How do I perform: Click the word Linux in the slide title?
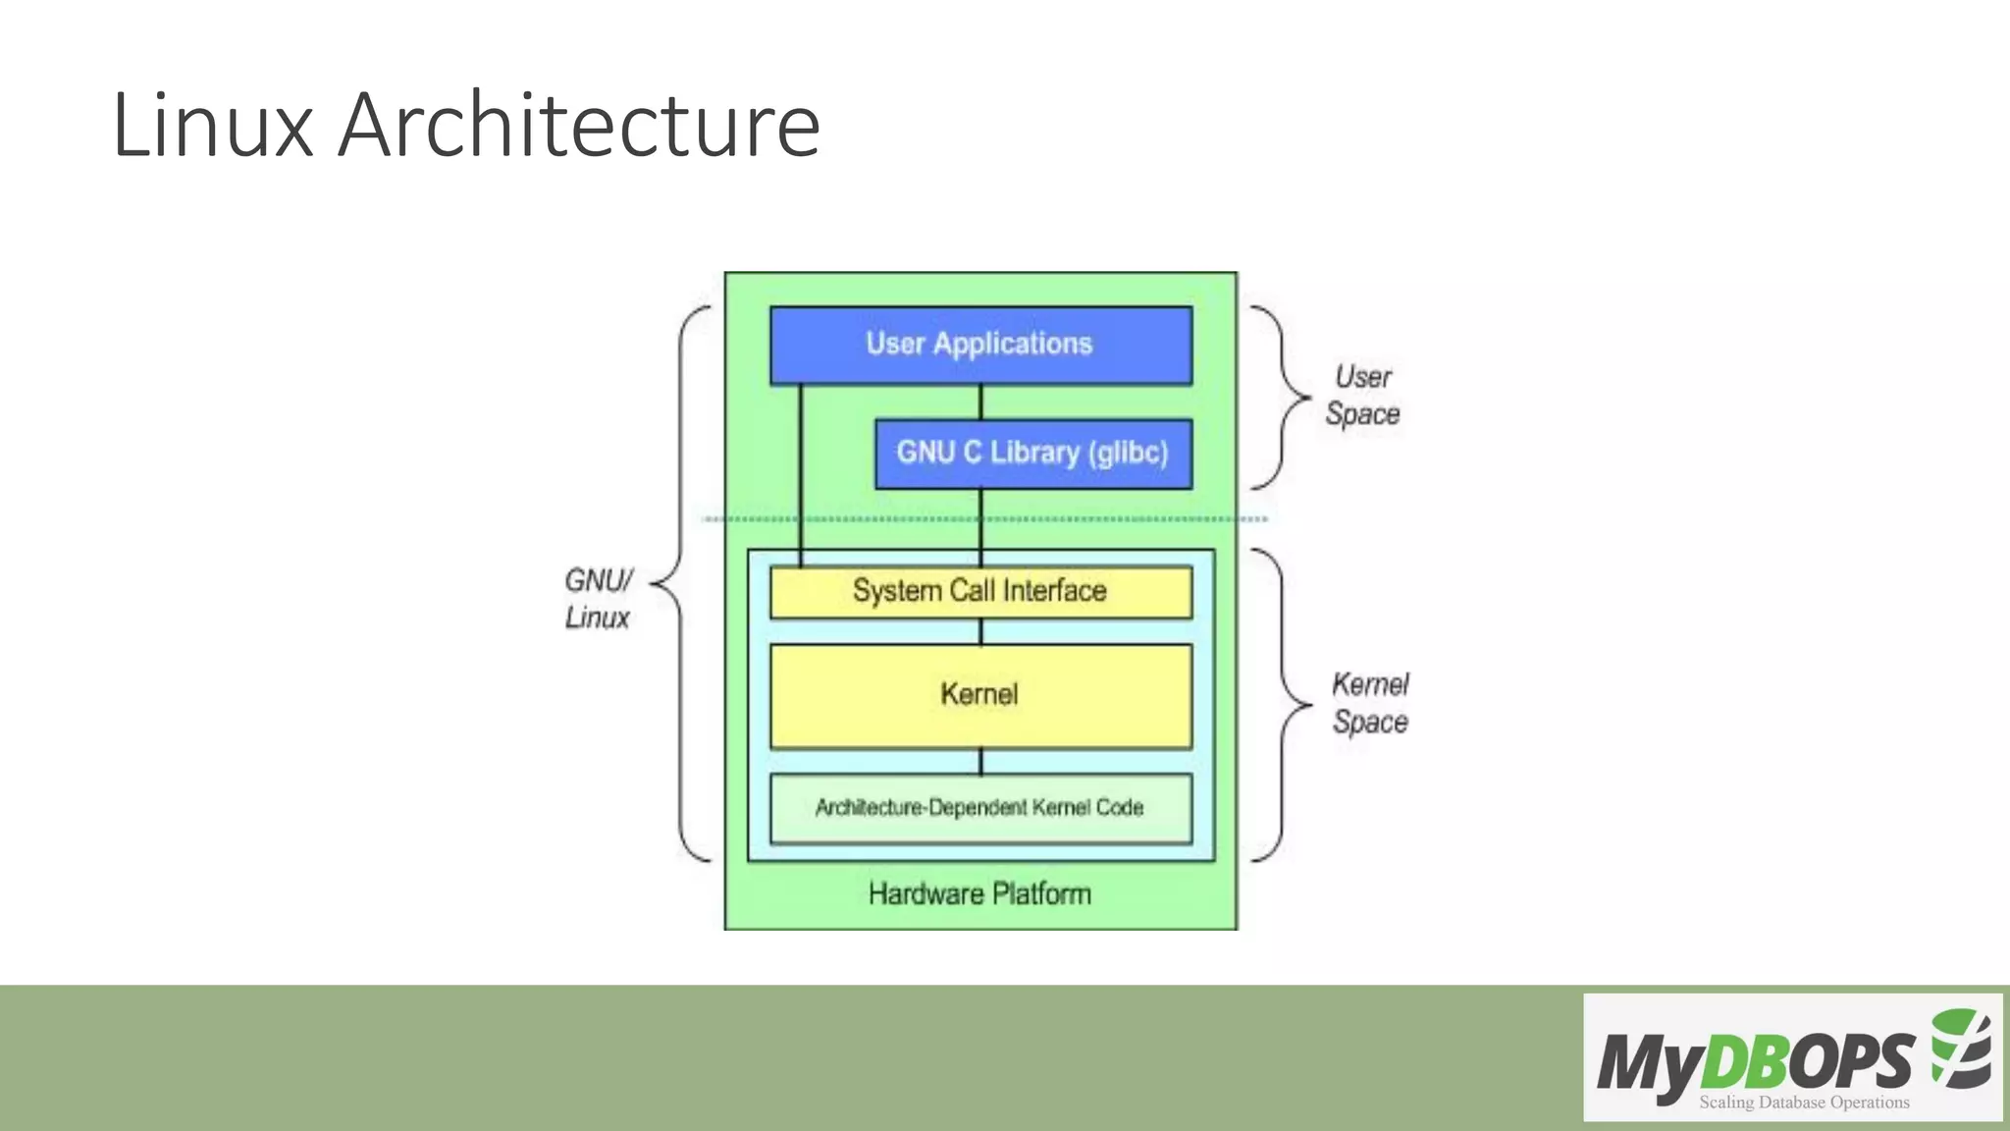click(x=212, y=126)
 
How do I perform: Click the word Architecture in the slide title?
click(x=579, y=126)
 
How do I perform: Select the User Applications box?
click(x=979, y=345)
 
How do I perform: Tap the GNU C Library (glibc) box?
click(x=1032, y=453)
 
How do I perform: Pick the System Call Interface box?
click(x=979, y=591)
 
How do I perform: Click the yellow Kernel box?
click(x=979, y=695)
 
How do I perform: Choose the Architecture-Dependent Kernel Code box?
click(x=979, y=808)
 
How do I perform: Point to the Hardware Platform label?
click(x=979, y=894)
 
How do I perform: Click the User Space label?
click(x=1362, y=396)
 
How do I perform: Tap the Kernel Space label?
click(x=1369, y=703)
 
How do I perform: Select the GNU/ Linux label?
click(x=598, y=599)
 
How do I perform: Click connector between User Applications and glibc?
click(x=980, y=402)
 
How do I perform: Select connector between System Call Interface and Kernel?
click(x=980, y=631)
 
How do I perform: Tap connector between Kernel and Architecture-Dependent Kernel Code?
click(x=980, y=762)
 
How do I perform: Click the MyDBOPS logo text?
click(x=1755, y=1061)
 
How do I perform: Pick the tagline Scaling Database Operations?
click(x=1804, y=1103)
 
